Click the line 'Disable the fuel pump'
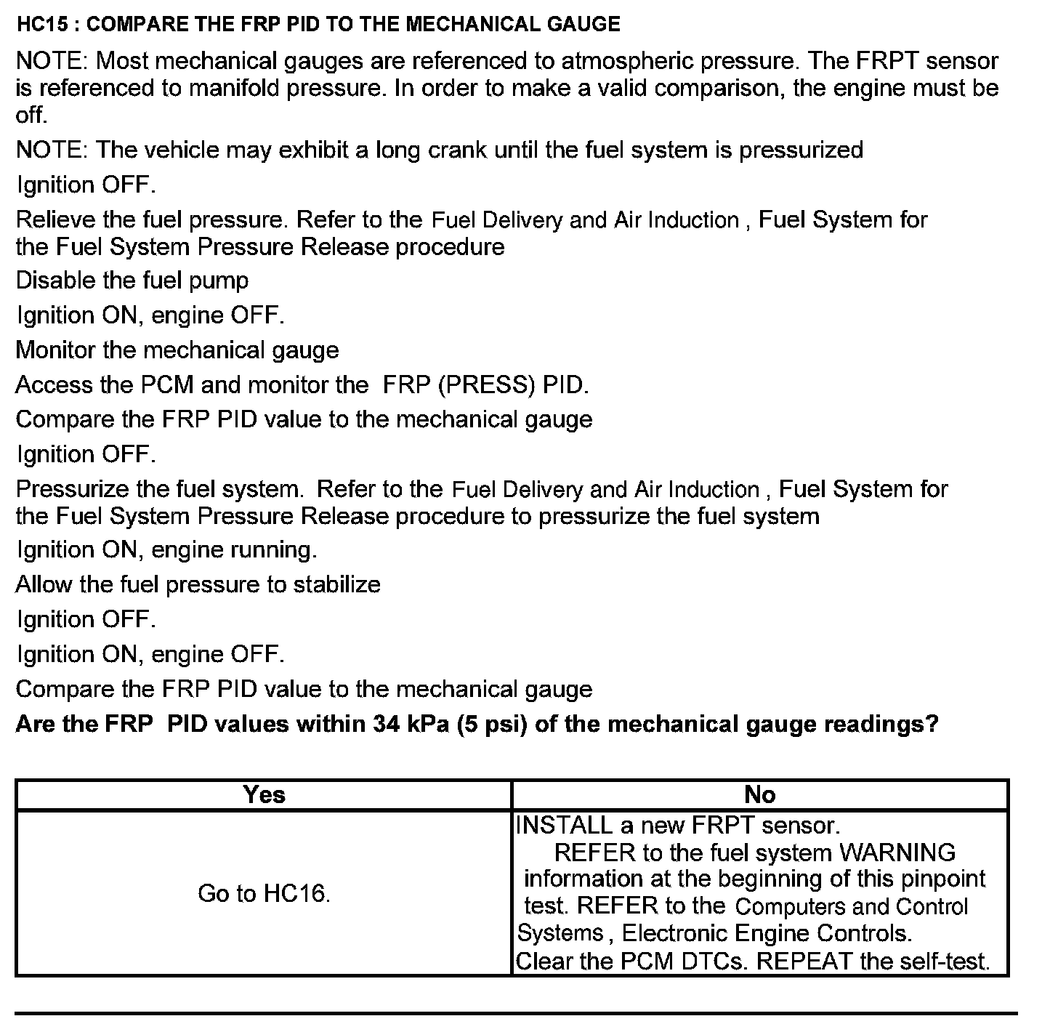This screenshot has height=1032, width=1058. [132, 281]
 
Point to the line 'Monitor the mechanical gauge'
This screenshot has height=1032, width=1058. [177, 350]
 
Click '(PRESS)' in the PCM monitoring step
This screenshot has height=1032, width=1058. [487, 384]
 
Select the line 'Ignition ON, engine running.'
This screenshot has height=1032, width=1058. [167, 550]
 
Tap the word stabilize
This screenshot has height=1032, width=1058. [336, 585]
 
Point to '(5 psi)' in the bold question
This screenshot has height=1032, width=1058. [492, 725]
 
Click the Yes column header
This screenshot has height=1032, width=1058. [264, 795]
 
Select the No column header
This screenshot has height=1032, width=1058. [760, 795]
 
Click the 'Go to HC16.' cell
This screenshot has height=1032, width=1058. [264, 893]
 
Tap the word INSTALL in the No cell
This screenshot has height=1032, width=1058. [564, 826]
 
